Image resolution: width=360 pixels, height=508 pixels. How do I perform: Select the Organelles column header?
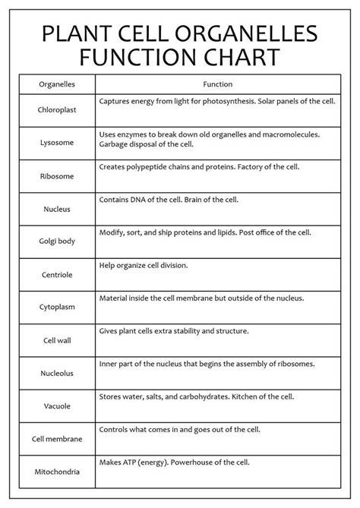coord(56,84)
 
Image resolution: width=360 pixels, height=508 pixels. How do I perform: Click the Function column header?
coord(218,84)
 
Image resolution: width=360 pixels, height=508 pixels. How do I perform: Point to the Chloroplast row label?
coord(56,109)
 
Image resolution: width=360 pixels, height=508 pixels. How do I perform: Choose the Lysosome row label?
coord(56,142)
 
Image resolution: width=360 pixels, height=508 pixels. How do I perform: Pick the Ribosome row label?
coord(56,175)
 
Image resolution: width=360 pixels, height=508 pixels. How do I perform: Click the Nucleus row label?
coord(56,208)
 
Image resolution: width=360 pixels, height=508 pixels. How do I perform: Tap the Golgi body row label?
coord(56,241)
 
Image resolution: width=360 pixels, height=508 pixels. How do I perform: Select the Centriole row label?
coord(56,274)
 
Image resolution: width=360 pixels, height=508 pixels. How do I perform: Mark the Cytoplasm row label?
coord(56,307)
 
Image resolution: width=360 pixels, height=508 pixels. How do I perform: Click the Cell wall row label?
coord(56,340)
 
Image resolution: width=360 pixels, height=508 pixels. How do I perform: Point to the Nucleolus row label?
coord(56,373)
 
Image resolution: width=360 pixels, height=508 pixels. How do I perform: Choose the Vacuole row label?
coord(56,405)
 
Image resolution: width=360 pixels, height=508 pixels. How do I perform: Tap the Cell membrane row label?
coord(56,439)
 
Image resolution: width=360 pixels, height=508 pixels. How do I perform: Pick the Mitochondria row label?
coord(56,472)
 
